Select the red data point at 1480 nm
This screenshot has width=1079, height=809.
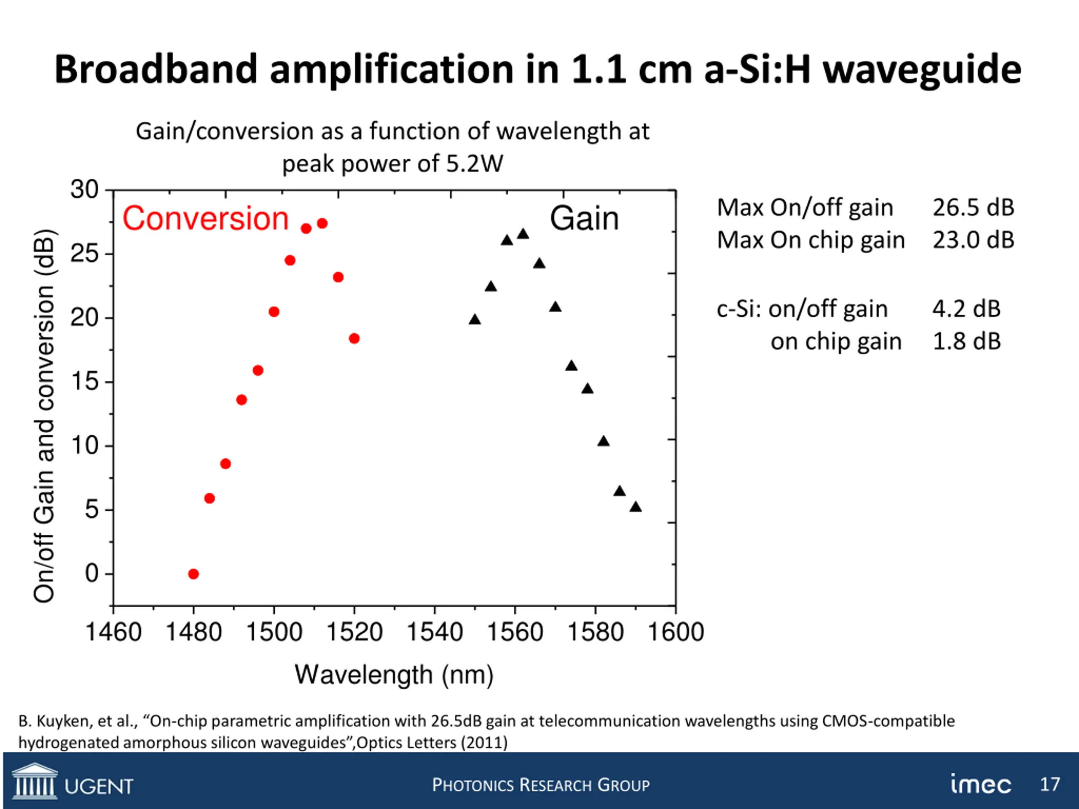coord(193,574)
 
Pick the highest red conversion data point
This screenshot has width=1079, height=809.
coord(322,223)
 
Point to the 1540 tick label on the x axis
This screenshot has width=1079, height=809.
coord(434,632)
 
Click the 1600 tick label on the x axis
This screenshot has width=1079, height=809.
coord(676,632)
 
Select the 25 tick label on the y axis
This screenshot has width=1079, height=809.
coord(84,254)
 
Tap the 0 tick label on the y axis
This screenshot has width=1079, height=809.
coord(92,573)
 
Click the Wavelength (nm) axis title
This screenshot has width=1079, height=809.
coord(394,675)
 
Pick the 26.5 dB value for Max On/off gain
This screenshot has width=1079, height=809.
coord(973,208)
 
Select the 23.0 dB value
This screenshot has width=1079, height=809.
coord(973,240)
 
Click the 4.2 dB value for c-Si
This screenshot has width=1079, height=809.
coord(966,309)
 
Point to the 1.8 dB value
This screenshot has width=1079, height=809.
coord(966,341)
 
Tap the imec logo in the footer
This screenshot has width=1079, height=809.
coord(980,784)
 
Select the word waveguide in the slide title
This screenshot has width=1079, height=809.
coord(922,69)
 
